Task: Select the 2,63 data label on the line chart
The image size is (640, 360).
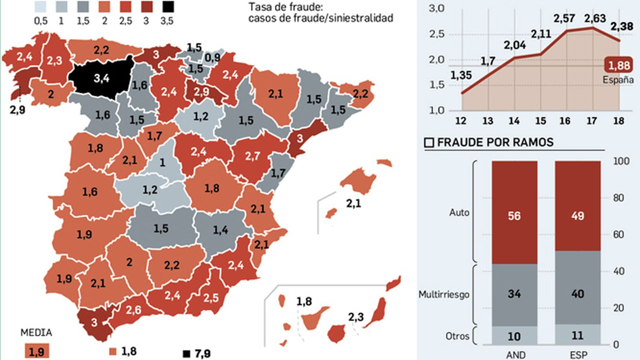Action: [x=595, y=18]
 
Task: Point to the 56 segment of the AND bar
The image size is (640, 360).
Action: [x=514, y=216]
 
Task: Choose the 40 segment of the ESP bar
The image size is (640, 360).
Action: [x=578, y=294]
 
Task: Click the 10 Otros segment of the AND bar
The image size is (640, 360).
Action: [x=514, y=336]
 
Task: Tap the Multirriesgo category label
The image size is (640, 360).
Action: [x=444, y=295]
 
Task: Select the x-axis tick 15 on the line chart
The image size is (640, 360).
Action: [x=540, y=121]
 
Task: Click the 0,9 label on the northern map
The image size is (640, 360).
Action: [x=212, y=58]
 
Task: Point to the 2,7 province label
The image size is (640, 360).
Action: [x=252, y=156]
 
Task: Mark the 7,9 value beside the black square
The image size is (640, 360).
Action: [x=202, y=354]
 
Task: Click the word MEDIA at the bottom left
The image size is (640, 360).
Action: [x=36, y=333]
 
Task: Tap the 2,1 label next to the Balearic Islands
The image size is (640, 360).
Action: [x=354, y=204]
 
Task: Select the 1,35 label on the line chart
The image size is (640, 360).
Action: [x=461, y=75]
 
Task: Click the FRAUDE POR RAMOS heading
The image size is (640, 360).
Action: [x=495, y=142]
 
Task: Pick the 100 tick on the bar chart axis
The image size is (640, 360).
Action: [x=621, y=161]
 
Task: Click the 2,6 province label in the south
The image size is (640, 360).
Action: [x=133, y=310]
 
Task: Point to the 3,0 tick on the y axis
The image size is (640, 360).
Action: [x=436, y=8]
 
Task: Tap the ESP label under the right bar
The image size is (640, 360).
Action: [x=578, y=355]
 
